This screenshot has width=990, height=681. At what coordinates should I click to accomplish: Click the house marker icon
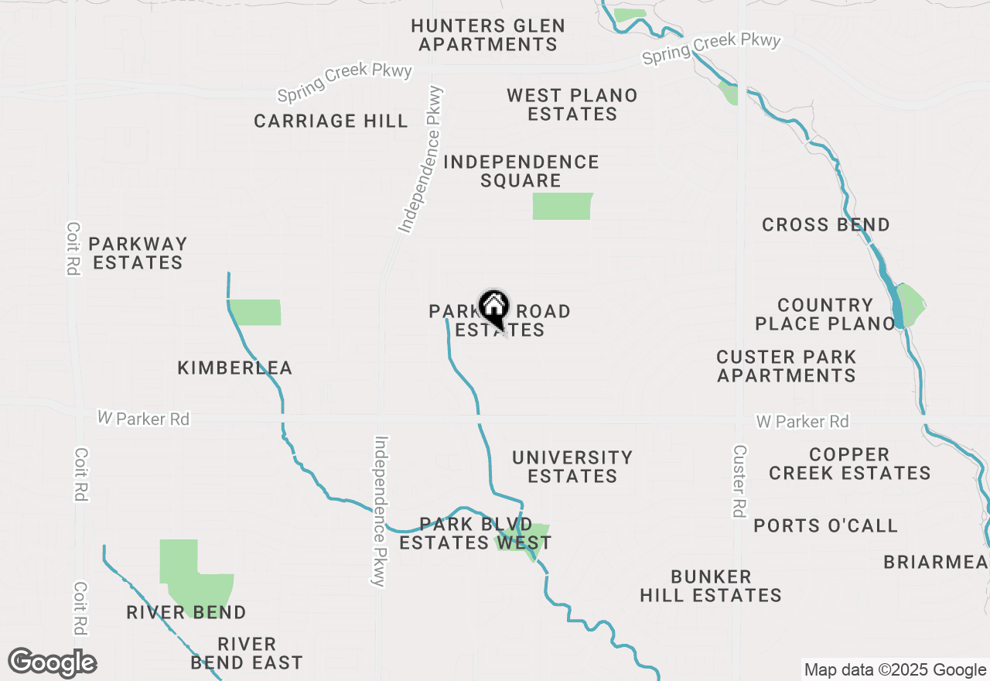493,307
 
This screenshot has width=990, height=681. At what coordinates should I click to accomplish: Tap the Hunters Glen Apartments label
488,36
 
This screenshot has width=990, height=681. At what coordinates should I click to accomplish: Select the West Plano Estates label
572,105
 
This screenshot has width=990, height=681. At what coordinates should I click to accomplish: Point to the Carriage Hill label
331,121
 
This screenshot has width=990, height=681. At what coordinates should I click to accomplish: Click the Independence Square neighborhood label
521,171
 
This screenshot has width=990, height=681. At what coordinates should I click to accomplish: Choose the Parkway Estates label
138,253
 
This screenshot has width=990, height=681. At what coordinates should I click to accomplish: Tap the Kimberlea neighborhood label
235,368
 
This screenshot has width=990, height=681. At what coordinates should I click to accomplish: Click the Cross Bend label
826,225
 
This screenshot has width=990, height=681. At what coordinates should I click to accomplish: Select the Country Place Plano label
825,314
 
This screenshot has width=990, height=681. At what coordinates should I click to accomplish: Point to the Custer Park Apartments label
787,366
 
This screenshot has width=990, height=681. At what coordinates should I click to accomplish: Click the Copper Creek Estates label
850,464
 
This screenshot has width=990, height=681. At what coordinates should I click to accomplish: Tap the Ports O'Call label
826,526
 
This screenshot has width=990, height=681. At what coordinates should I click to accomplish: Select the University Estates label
572,467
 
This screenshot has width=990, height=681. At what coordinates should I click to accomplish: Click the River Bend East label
247,653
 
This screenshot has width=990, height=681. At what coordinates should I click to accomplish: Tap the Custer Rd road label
739,481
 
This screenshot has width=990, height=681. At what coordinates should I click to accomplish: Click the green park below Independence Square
562,207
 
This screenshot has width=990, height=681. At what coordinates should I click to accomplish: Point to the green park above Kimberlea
256,312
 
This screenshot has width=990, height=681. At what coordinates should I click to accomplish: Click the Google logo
53,663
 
